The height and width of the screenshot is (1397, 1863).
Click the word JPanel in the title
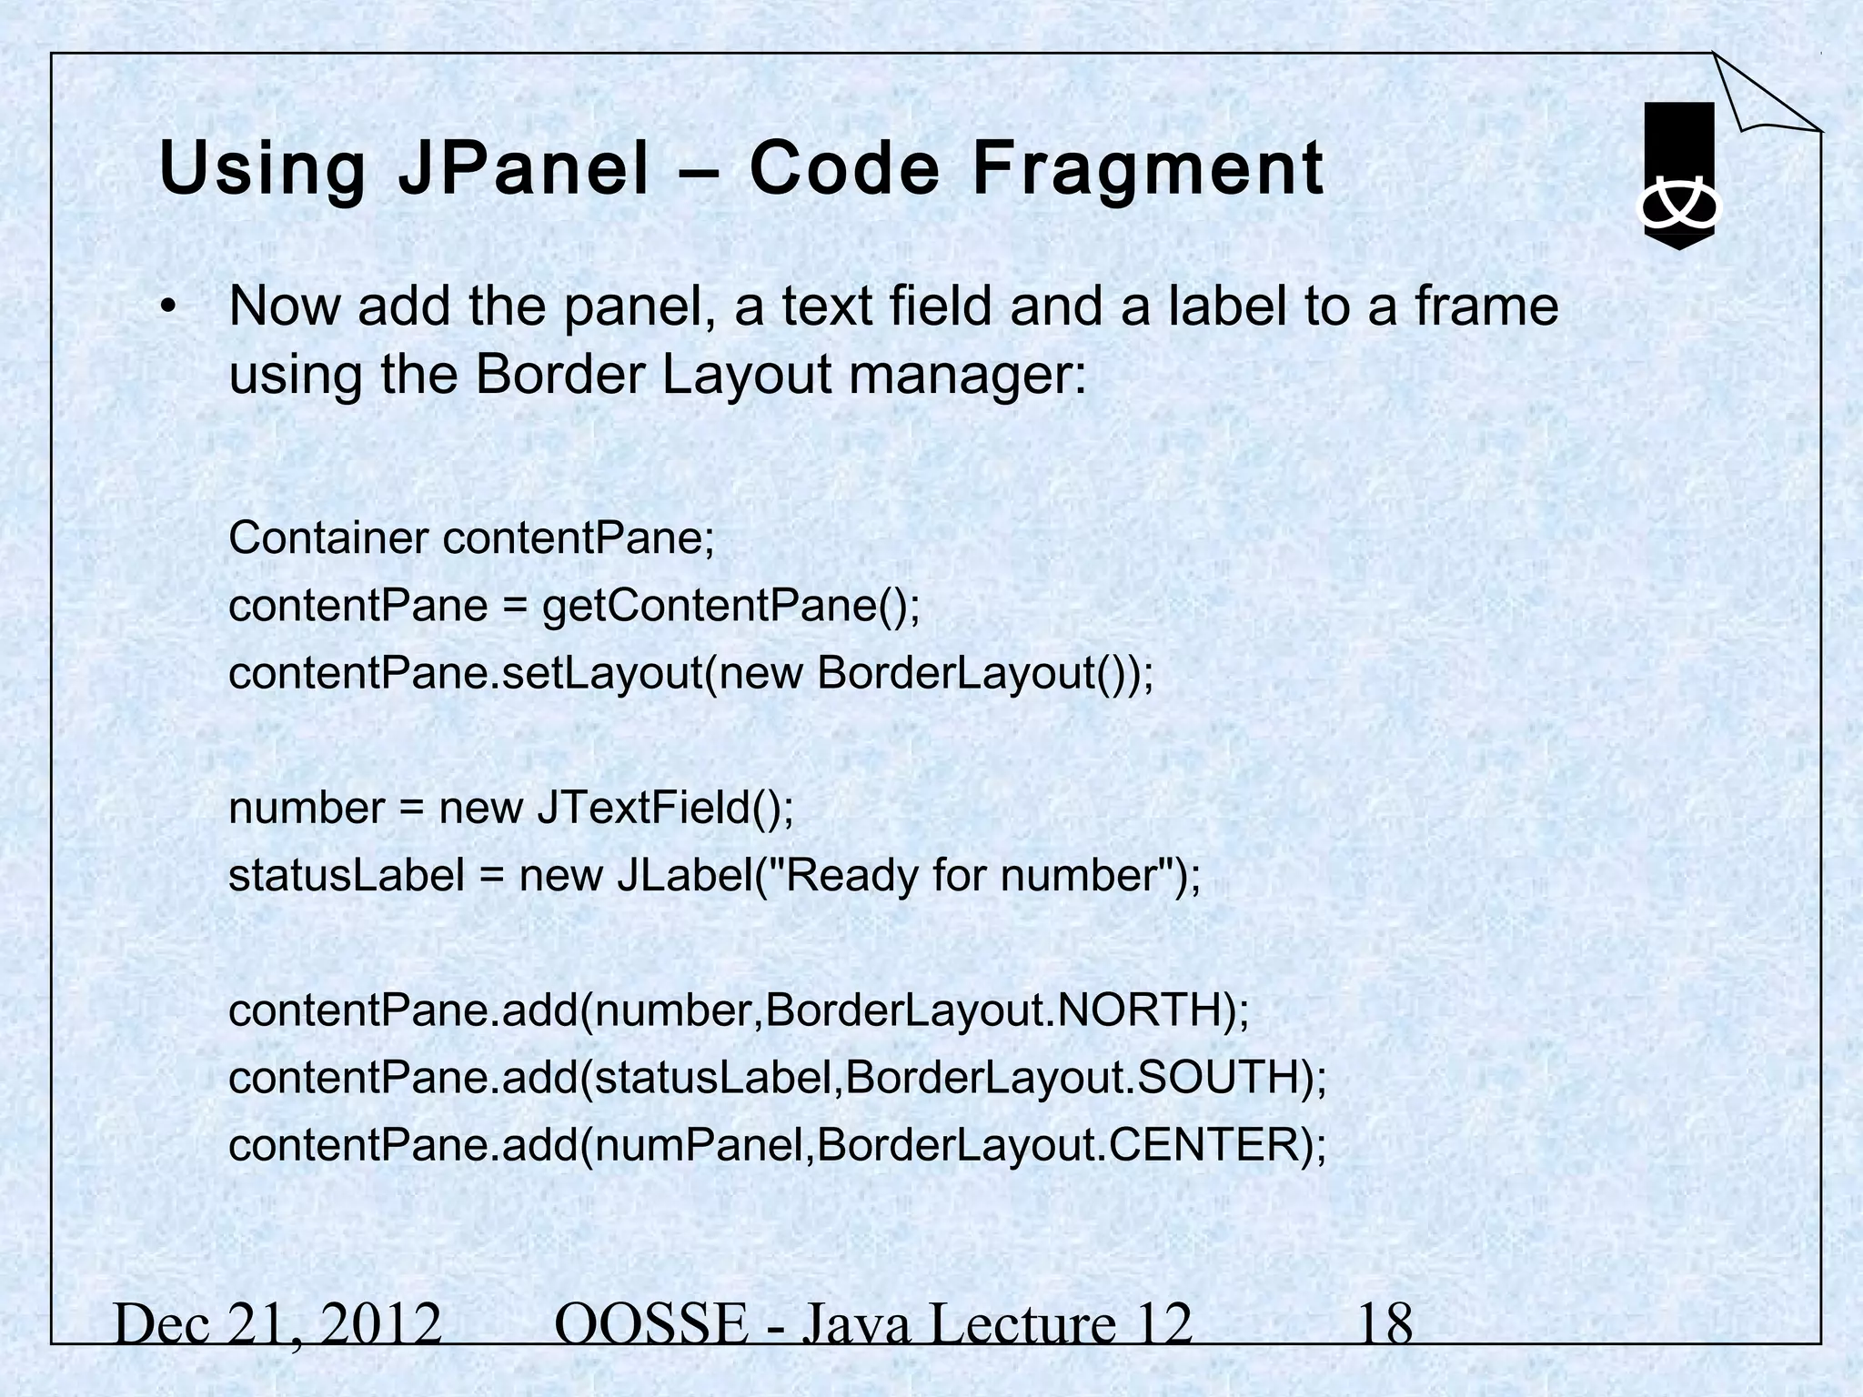click(523, 170)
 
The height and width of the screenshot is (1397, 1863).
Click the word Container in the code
click(328, 538)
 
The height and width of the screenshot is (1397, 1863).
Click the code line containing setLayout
click(691, 673)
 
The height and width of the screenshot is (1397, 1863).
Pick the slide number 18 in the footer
click(1385, 1324)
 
